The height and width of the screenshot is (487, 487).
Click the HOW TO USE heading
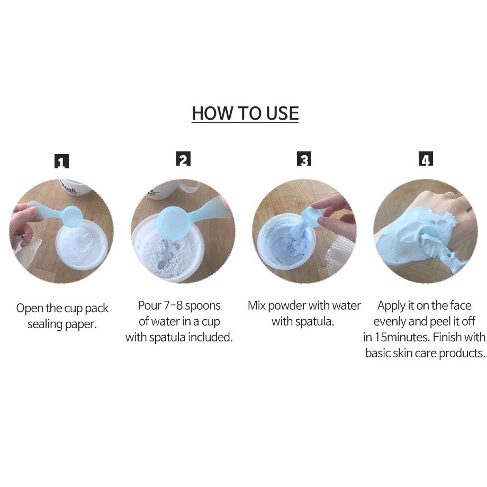point(245,113)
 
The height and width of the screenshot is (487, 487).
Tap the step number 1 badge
point(61,161)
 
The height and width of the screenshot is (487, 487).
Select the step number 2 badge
point(183,159)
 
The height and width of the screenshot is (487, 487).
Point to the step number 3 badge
point(304,159)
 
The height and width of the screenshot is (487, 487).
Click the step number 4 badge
point(426,159)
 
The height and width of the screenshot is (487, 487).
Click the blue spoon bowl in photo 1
point(72,216)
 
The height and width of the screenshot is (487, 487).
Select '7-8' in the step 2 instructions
point(173,305)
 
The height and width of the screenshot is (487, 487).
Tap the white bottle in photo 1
point(75,187)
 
